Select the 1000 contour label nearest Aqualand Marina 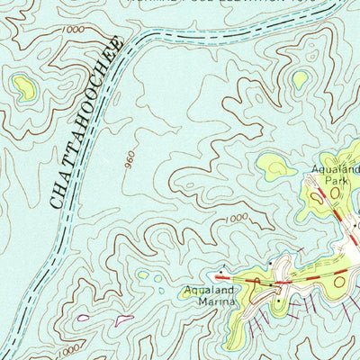pyautogui.click(x=236, y=218)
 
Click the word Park pyautogui.click(x=336, y=180)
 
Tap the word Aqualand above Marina pyautogui.click(x=209, y=291)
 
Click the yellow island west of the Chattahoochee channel pyautogui.click(x=22, y=86)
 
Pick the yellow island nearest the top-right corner pyautogui.click(x=300, y=79)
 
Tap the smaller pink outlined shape pyautogui.click(x=83, y=318)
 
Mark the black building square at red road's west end pyautogui.click(x=220, y=270)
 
